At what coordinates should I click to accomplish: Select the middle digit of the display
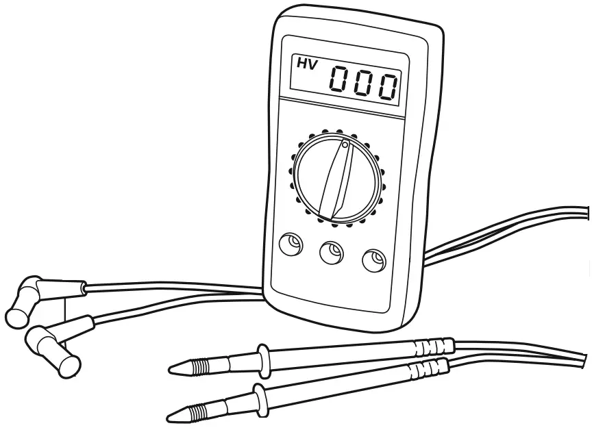click(x=365, y=84)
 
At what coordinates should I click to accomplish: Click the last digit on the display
click(x=388, y=86)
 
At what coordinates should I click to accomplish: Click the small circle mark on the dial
click(x=345, y=145)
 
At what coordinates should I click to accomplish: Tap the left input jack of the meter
click(x=291, y=244)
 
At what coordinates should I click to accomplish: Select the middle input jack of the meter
click(x=332, y=253)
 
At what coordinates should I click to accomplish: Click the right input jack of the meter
click(x=373, y=261)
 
